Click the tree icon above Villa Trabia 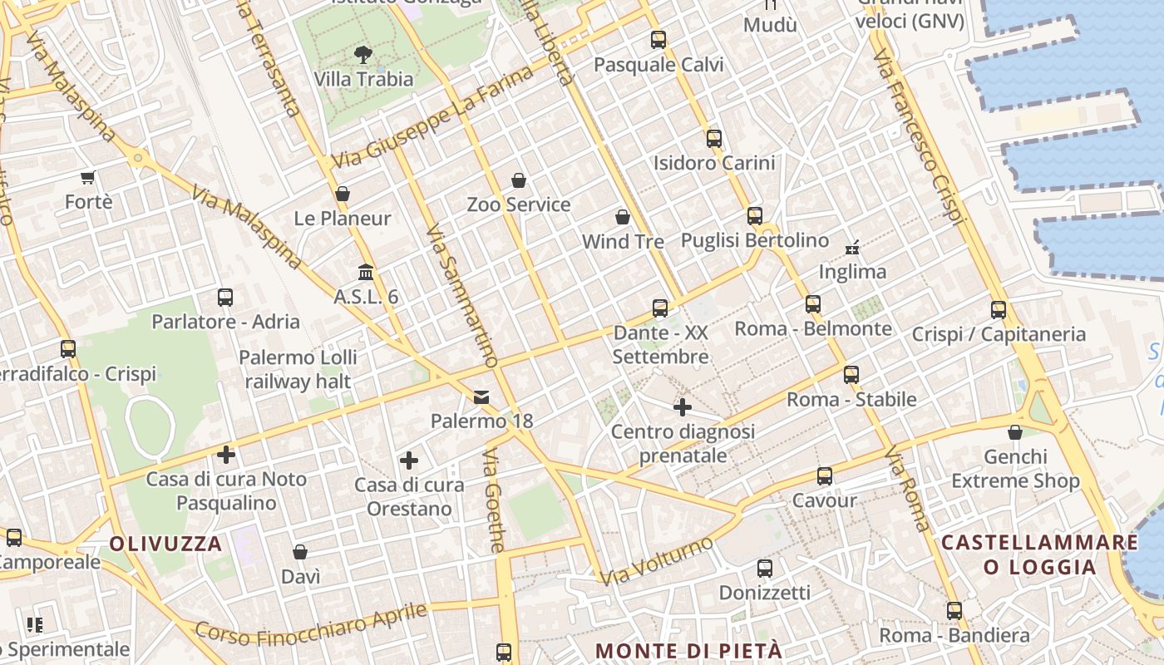[x=363, y=56]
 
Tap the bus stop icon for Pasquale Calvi [x=658, y=39]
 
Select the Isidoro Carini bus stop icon [x=713, y=138]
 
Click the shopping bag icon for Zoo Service [x=519, y=180]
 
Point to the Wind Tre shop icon [x=623, y=217]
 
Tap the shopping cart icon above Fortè [x=88, y=177]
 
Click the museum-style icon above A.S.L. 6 [x=365, y=272]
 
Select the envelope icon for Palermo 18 [x=481, y=397]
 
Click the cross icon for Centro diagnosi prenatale [x=683, y=407]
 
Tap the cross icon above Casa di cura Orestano [x=409, y=460]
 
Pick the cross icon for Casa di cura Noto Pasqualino [x=226, y=455]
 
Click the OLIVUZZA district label [x=166, y=544]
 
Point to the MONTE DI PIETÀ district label [x=689, y=650]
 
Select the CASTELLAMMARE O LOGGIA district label [x=1039, y=554]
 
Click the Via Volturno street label [x=657, y=561]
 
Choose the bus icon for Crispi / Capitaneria [x=999, y=310]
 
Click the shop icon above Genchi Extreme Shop [x=1015, y=432]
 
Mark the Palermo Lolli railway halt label [x=298, y=369]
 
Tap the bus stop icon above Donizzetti [x=765, y=569]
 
